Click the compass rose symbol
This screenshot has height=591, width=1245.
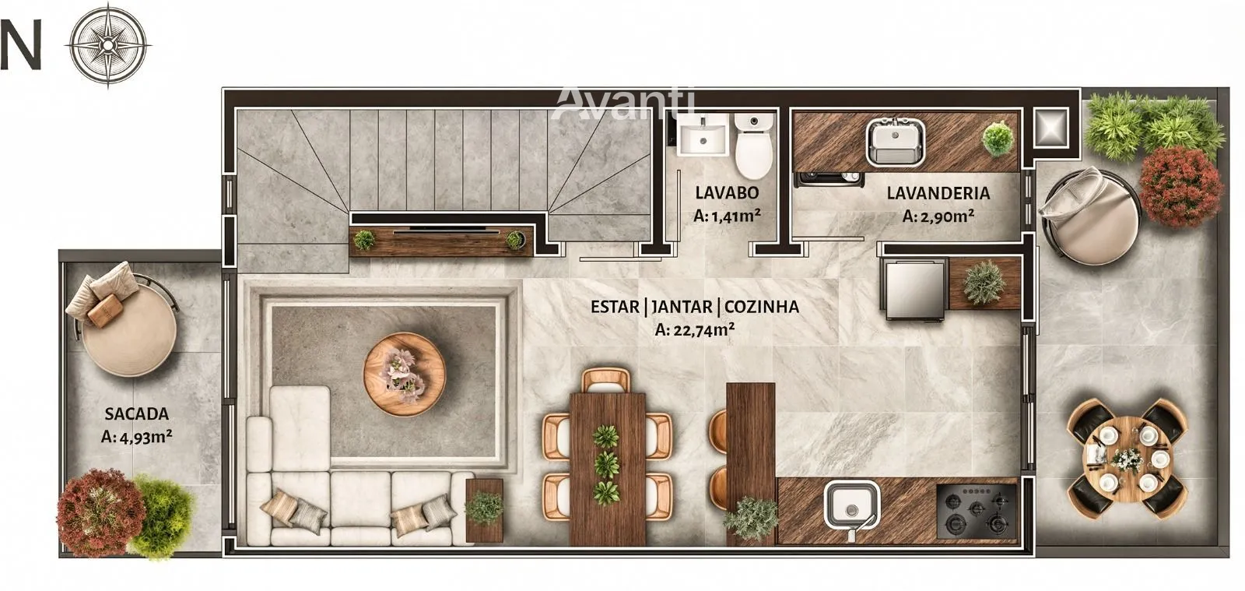[x=108, y=44]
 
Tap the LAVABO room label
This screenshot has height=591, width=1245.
[x=727, y=193]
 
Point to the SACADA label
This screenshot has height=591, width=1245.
[x=137, y=413]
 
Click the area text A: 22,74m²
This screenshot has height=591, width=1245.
[x=695, y=329]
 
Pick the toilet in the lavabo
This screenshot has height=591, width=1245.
[x=754, y=145]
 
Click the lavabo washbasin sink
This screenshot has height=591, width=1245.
[x=703, y=134]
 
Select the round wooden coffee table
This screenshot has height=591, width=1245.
[x=405, y=374]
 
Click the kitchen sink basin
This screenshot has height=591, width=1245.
[x=852, y=505]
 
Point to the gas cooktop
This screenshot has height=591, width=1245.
[x=977, y=511]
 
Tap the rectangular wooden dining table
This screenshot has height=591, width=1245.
[x=608, y=469]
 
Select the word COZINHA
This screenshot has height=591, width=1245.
[x=762, y=306]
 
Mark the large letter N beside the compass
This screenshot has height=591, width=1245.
[x=20, y=44]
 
